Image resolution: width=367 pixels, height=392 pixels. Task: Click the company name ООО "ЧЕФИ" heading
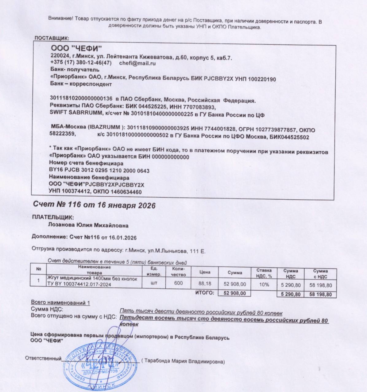pos(76,49)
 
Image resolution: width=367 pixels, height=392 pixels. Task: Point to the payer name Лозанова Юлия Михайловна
pos(89,225)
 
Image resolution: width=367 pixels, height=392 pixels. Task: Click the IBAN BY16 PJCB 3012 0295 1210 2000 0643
pos(99,171)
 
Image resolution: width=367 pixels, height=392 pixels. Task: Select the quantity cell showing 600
pos(178,283)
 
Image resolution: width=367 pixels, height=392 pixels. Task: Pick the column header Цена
pos(205,272)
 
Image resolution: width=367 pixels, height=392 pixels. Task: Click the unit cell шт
pos(154,283)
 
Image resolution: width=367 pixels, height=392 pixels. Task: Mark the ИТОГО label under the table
pos(204,293)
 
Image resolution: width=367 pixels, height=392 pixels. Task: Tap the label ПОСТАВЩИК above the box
pos(52,38)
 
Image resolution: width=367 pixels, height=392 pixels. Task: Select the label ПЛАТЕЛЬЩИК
pos(53,217)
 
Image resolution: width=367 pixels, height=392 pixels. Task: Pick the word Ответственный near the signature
pos(43,358)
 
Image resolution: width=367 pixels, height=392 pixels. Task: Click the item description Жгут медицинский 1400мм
pos(91,279)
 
